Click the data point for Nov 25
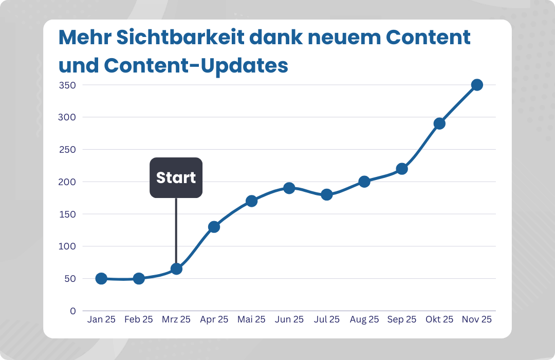tap(477, 85)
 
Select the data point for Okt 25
tap(439, 123)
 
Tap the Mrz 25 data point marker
tap(176, 268)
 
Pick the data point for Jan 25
tap(101, 278)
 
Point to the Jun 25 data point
tap(289, 188)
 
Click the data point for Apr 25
tap(214, 226)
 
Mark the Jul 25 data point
tap(326, 194)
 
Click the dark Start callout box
tap(176, 177)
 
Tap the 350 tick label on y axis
tap(67, 85)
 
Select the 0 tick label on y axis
tap(73, 311)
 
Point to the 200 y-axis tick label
tap(67, 182)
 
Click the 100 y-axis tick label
tap(67, 246)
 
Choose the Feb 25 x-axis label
tap(139, 319)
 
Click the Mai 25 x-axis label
tap(251, 319)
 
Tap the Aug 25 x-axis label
tap(364, 319)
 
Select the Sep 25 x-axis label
tap(401, 319)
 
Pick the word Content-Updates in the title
tap(196, 65)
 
